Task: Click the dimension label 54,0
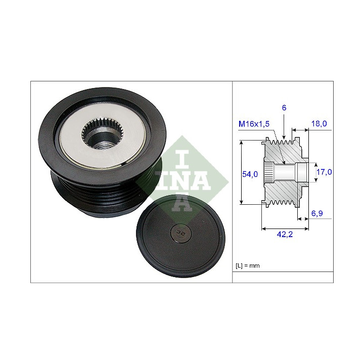(x=250, y=174)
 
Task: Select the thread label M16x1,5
(x=254, y=124)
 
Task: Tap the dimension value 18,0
(x=319, y=123)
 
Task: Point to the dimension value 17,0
(x=324, y=172)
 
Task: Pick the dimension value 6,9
(x=317, y=213)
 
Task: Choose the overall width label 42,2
(x=285, y=235)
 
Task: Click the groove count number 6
(x=284, y=108)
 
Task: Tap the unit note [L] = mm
(x=247, y=265)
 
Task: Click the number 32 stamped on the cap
(x=180, y=232)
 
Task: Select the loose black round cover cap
(x=180, y=236)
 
